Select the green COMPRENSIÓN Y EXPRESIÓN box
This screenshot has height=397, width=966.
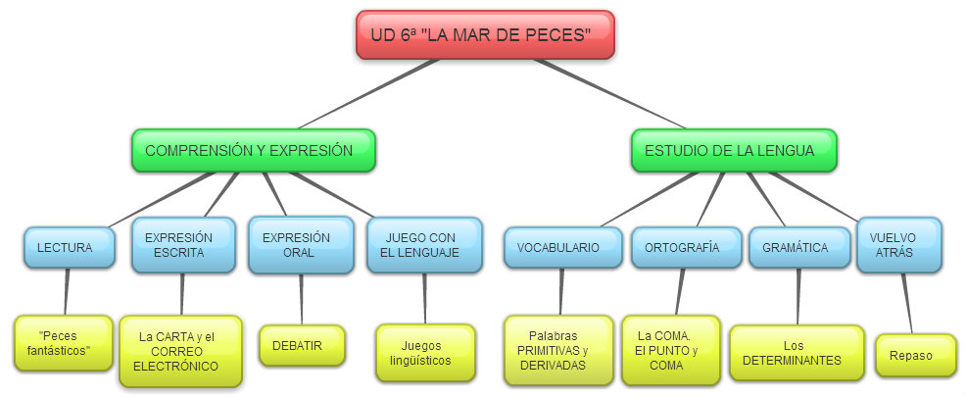(254, 151)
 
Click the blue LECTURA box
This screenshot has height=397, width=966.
(65, 248)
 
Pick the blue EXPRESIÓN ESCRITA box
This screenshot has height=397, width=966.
(184, 245)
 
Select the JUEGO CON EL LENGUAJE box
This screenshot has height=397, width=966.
(424, 245)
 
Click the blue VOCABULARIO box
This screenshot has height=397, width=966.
(563, 248)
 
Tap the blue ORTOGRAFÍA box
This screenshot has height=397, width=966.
(682, 248)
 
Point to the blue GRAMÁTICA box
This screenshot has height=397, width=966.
(795, 248)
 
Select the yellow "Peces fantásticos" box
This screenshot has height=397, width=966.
(65, 342)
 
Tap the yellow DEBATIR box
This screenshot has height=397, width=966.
(303, 345)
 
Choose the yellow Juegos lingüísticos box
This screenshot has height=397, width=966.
(425, 352)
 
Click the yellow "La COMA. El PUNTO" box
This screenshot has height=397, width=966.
(670, 350)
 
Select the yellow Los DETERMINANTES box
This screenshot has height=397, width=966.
(797, 352)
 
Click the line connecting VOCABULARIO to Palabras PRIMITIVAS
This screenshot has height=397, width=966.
(561, 292)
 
